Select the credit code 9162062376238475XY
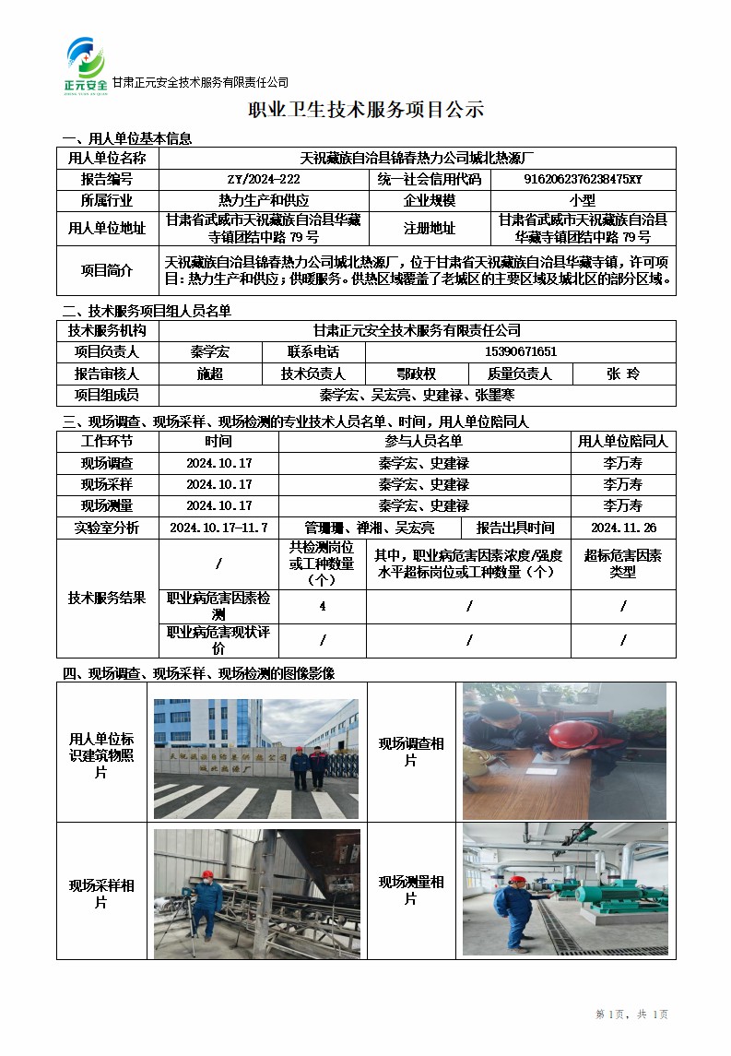coord(583,179)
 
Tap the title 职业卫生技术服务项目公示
coord(366,111)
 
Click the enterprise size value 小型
coord(583,199)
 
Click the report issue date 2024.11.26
coord(622,528)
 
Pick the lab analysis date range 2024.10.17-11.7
coord(218,528)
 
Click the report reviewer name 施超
coord(210,374)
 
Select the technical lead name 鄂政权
coord(416,374)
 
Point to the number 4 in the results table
coord(322,606)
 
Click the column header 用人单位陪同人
coord(623,442)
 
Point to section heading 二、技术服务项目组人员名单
coord(147,311)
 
